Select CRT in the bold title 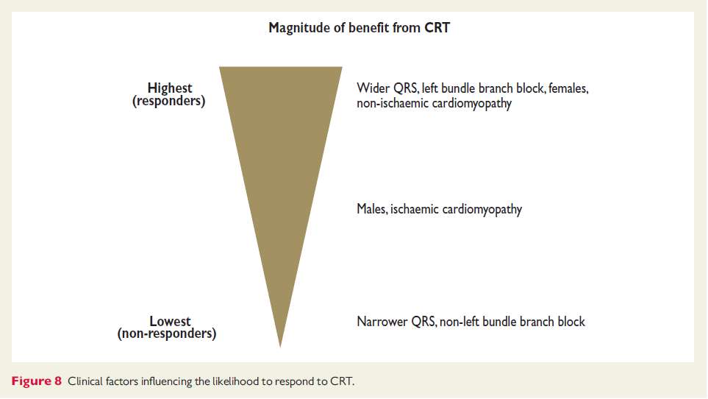click(437, 27)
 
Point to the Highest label click(170, 88)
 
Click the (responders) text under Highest click(169, 101)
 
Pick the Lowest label click(171, 321)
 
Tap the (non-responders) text click(167, 333)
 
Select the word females click(568, 88)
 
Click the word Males click(372, 209)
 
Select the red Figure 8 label click(37, 381)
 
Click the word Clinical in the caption click(85, 381)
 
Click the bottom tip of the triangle click(280, 347)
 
